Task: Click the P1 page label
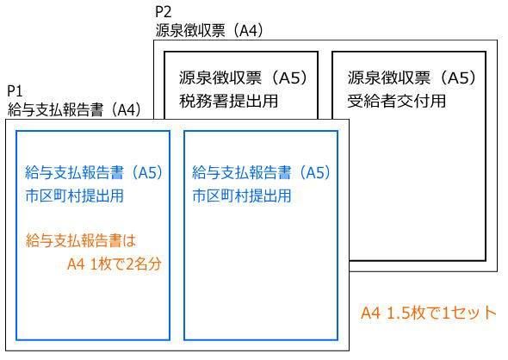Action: (x=15, y=91)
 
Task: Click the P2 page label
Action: (x=163, y=12)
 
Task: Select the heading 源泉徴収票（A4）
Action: (x=209, y=31)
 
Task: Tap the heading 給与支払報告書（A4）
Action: (x=75, y=109)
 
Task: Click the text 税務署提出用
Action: (x=228, y=101)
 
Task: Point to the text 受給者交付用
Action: (x=397, y=101)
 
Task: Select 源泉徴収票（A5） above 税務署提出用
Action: (x=244, y=78)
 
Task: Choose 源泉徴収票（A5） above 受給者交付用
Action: (x=412, y=78)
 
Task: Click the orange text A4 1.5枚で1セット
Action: (x=428, y=313)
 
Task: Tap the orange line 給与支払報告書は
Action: (x=81, y=240)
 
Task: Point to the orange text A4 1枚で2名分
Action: (x=114, y=264)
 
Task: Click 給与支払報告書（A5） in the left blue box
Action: (x=94, y=172)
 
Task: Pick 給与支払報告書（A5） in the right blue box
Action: (x=261, y=172)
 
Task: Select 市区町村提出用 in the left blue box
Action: (x=75, y=196)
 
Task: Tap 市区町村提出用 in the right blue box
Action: (x=242, y=196)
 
